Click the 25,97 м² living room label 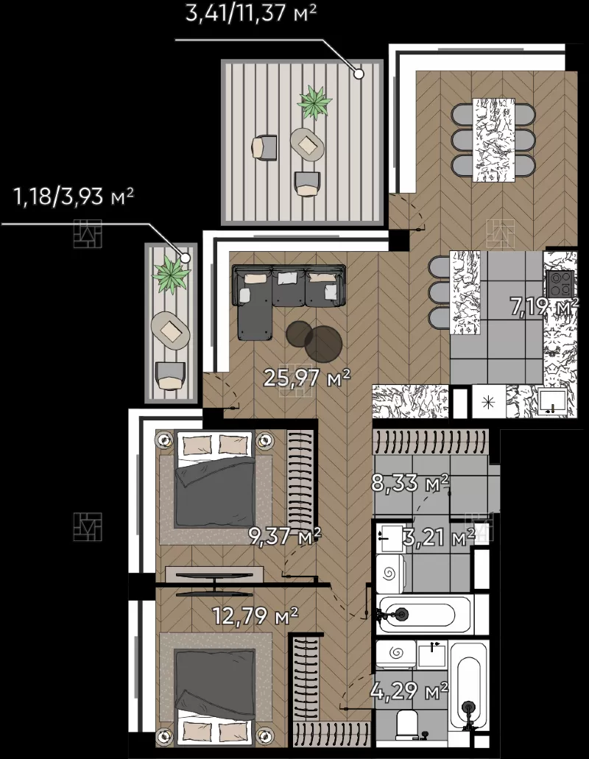306,378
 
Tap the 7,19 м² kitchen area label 545,306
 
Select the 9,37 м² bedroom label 284,535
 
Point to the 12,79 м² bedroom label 255,615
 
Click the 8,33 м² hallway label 409,482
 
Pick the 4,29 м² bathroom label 409,690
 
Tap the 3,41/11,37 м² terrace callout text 251,13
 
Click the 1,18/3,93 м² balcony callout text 74,197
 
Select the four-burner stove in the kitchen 561,283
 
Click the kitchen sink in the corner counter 553,401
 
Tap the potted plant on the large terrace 314,102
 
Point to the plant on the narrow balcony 171,275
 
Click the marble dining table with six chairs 493,140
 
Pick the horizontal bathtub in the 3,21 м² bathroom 424,615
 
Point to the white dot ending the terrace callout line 359,74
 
